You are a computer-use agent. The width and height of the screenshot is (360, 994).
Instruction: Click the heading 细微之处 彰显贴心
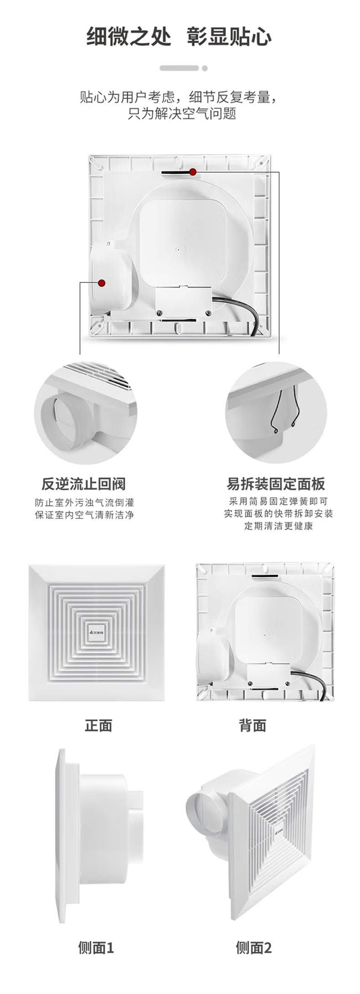pyautogui.click(x=179, y=36)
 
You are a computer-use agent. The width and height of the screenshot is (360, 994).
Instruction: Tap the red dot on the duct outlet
pyautogui.click(x=102, y=283)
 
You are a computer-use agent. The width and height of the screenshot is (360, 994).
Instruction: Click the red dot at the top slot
pyautogui.click(x=193, y=172)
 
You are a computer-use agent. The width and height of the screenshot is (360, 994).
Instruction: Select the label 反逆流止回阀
pyautogui.click(x=83, y=484)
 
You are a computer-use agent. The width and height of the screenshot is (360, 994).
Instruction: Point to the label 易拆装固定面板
pyautogui.click(x=276, y=484)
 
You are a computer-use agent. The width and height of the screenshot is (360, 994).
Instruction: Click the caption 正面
pyautogui.click(x=98, y=725)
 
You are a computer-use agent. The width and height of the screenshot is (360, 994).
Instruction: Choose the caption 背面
pyautogui.click(x=252, y=725)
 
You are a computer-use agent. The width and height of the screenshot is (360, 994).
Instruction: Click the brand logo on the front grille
pyautogui.click(x=97, y=633)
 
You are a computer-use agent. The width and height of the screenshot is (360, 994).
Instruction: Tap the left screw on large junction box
pyautogui.click(x=159, y=312)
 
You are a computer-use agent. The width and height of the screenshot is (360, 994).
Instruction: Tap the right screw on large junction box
pyautogui.click(x=208, y=312)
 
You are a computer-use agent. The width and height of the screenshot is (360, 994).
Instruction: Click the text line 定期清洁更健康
pyautogui.click(x=278, y=525)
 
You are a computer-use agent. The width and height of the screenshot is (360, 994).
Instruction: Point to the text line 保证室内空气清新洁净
pyautogui.click(x=84, y=515)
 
